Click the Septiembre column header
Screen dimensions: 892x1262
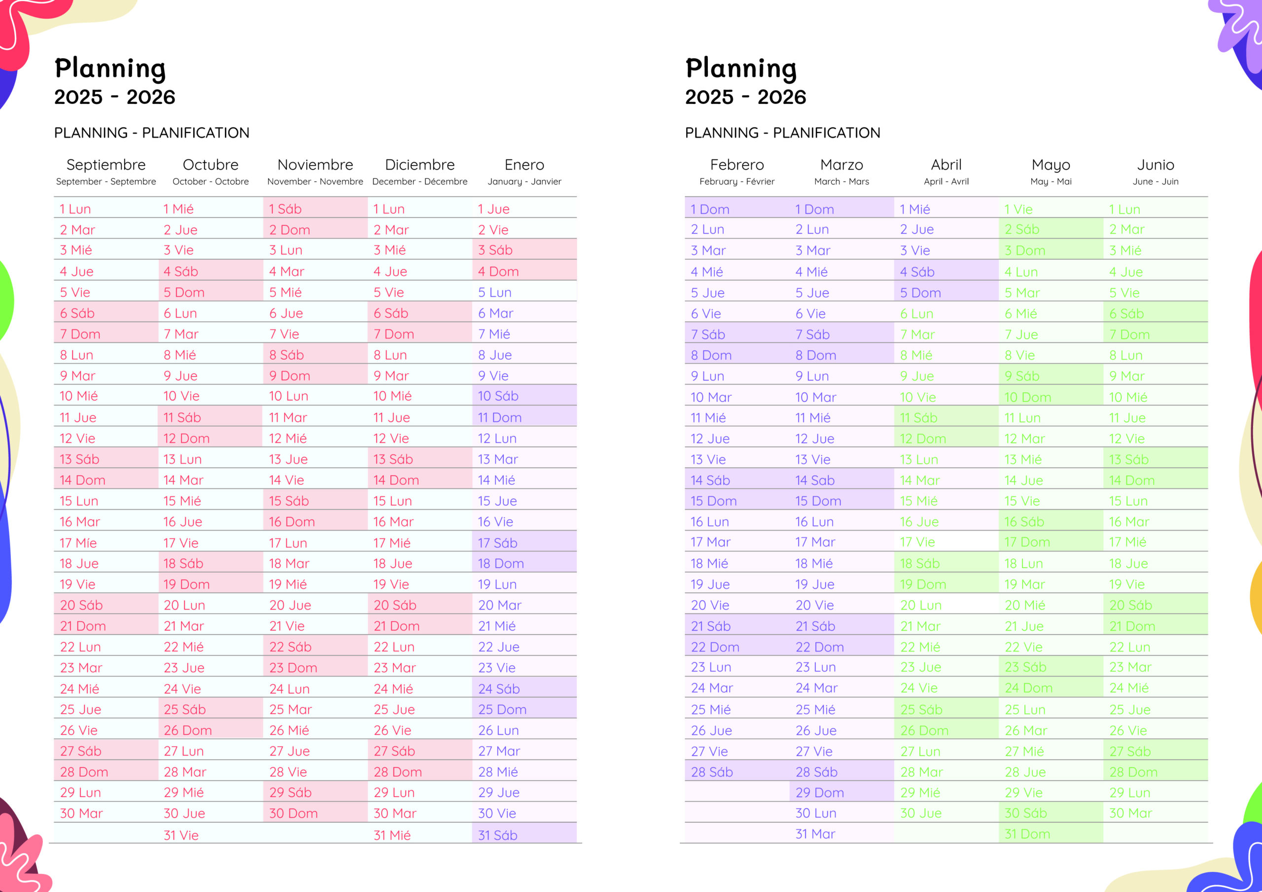106,165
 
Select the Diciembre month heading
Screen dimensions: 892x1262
420,165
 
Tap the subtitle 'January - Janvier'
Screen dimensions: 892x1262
524,181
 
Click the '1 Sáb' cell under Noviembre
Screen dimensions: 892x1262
285,209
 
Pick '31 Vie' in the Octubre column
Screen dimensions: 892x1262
181,835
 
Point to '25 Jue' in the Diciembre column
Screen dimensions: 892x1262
393,709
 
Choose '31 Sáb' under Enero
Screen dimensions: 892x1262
497,835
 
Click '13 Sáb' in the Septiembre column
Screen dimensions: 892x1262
80,459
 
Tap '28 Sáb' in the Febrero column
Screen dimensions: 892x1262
712,772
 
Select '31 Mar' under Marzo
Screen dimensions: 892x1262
815,834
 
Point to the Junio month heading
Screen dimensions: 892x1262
1156,165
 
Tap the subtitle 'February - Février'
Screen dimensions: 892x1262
736,181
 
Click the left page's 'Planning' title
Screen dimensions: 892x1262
110,69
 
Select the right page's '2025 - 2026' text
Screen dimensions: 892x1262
745,97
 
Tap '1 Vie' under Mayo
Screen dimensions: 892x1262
1018,209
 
